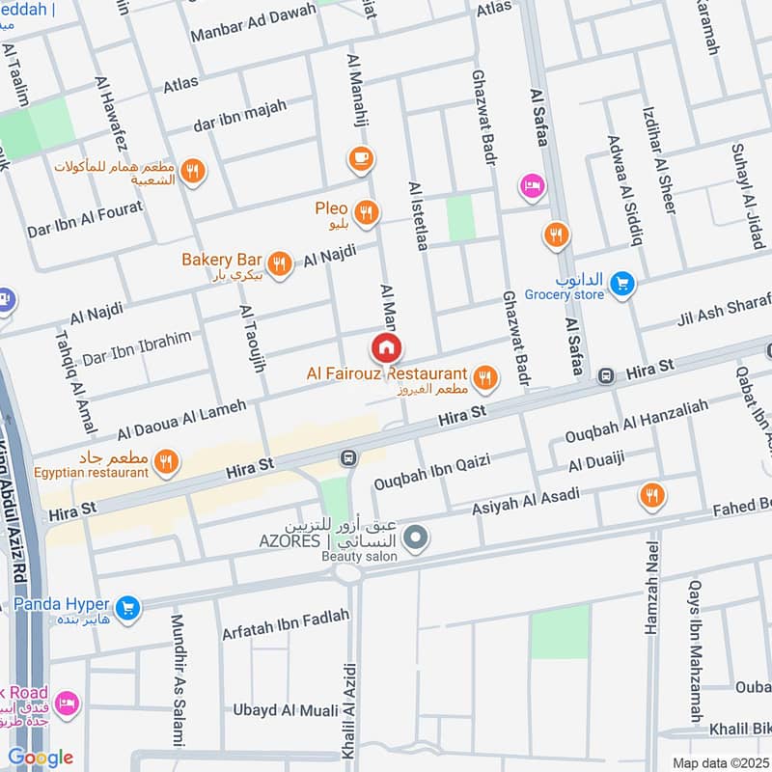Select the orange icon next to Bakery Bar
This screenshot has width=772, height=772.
click(x=280, y=263)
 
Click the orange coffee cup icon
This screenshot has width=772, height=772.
click(x=361, y=159)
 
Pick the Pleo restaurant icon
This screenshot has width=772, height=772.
click(x=366, y=213)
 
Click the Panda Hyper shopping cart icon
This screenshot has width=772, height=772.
click(x=127, y=608)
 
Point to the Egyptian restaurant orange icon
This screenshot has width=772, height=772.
click(x=167, y=463)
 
